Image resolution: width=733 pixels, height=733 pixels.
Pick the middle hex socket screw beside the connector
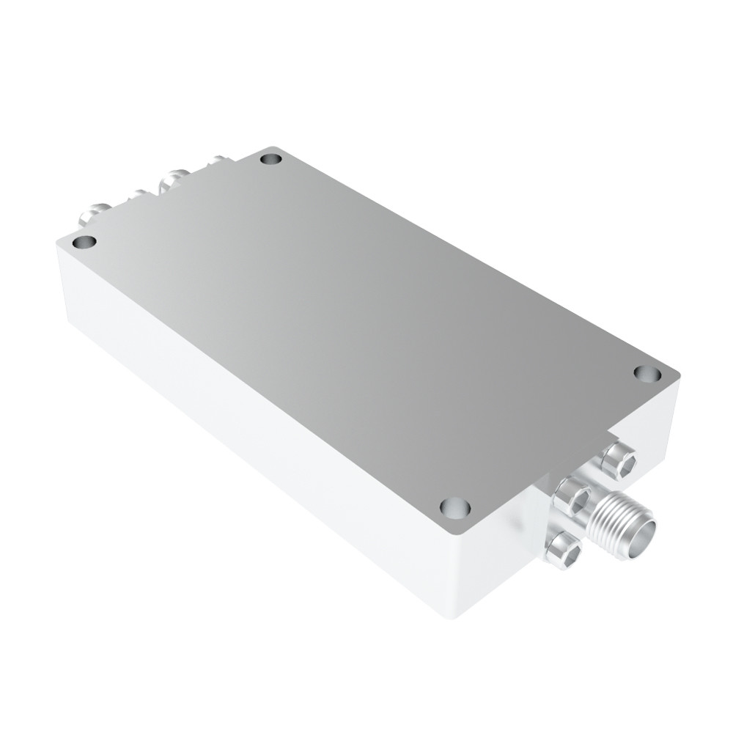tap(572, 500)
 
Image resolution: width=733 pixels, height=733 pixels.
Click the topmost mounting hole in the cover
tap(271, 158)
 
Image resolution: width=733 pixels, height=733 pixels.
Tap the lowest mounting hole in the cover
tap(454, 507)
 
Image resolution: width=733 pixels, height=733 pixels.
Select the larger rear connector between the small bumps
tap(173, 180)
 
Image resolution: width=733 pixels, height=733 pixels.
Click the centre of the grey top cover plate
tap(366, 323)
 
